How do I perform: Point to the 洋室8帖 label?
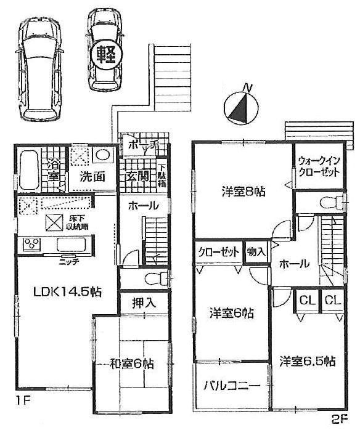(x=243, y=192)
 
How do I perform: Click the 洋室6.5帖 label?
(x=306, y=361)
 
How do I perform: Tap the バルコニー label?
(x=232, y=386)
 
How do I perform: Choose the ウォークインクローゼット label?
(x=317, y=166)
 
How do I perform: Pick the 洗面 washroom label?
(x=92, y=176)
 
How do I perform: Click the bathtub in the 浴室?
(x=28, y=167)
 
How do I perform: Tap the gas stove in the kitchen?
(x=31, y=244)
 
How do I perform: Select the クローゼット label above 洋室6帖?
(x=219, y=251)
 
